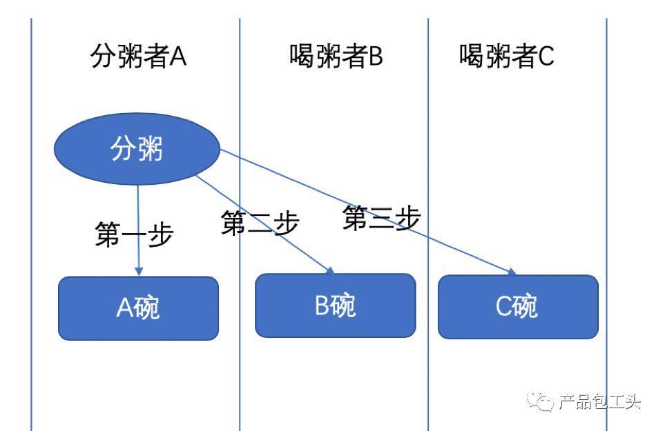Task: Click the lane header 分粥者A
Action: click(x=138, y=56)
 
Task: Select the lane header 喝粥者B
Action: click(x=336, y=56)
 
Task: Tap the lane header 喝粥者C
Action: click(x=506, y=56)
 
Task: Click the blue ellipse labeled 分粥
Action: click(x=137, y=148)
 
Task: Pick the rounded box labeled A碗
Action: click(x=138, y=308)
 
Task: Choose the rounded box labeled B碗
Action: click(x=336, y=305)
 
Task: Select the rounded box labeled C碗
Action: click(x=518, y=307)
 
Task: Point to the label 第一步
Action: click(x=134, y=234)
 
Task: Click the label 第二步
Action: click(x=260, y=223)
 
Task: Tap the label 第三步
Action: click(x=381, y=218)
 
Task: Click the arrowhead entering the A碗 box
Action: click(x=138, y=272)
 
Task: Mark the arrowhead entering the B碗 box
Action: click(x=330, y=270)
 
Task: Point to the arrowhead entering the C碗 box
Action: click(x=512, y=272)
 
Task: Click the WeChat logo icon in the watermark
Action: click(x=540, y=401)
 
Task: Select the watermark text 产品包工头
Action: click(x=599, y=401)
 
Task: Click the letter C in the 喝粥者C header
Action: click(x=546, y=56)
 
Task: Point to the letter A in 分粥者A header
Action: click(x=178, y=56)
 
